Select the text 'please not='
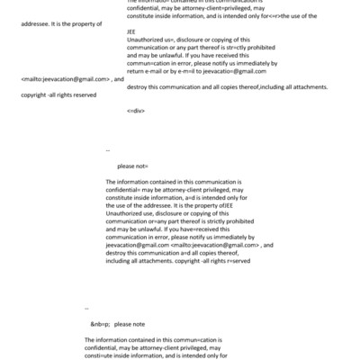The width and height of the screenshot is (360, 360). tap(133, 166)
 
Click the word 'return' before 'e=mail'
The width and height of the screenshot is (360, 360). tap(136, 67)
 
